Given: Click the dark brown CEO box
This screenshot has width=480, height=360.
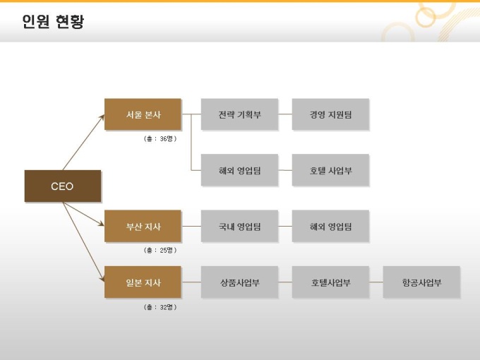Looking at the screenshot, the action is [63, 186].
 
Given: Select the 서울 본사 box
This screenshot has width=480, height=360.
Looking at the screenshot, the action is [143, 114].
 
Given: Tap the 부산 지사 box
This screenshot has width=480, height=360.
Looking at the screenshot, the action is [143, 226].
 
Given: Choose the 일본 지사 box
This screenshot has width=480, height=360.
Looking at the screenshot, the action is [143, 282].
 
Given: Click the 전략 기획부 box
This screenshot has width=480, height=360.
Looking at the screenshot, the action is [239, 114].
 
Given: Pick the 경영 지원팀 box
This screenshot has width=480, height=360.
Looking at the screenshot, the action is [330, 114].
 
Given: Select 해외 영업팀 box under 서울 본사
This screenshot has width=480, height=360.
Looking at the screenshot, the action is [239, 170].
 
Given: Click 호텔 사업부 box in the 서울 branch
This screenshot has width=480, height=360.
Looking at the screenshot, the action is [330, 170].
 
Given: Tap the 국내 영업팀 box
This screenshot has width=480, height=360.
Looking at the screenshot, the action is [239, 226].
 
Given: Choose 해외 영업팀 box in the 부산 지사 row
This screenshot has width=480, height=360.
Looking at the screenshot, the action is [330, 226].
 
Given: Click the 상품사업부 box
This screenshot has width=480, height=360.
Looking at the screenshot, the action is [239, 282].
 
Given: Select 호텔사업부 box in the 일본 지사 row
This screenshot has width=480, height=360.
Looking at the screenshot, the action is [330, 282].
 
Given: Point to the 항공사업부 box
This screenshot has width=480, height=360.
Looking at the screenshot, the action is [421, 282].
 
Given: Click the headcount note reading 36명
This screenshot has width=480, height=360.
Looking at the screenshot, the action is [160, 138].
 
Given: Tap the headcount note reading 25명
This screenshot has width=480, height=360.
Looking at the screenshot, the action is [160, 250].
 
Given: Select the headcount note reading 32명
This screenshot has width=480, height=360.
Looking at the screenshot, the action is [160, 307].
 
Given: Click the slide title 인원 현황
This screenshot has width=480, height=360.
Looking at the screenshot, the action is [53, 21].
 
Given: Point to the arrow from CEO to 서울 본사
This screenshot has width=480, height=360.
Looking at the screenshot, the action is [83, 143].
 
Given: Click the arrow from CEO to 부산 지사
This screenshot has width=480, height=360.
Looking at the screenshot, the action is [83, 214].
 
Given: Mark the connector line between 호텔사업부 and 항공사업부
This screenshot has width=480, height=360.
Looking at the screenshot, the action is [376, 282].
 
